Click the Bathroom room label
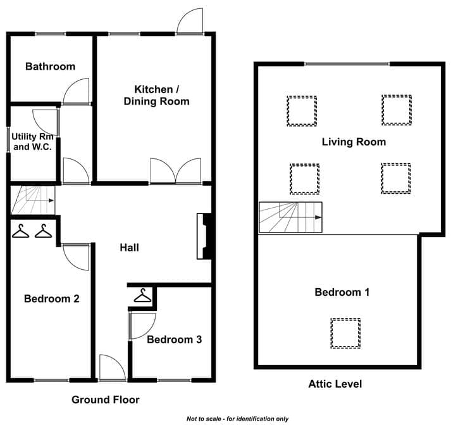[51, 67]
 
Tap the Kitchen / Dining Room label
[156, 95]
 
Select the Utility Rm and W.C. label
[32, 142]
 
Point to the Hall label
[130, 248]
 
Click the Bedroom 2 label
[52, 298]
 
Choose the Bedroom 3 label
[175, 339]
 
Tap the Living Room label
[354, 142]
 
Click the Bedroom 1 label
[342, 292]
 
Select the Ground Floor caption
[106, 400]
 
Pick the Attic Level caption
[335, 384]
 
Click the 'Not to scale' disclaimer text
[237, 419]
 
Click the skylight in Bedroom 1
[345, 333]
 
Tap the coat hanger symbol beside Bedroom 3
[143, 295]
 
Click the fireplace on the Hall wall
[204, 236]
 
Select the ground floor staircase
[33, 200]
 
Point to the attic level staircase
[290, 217]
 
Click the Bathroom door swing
[76, 91]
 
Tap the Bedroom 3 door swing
[143, 326]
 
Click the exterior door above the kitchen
[190, 22]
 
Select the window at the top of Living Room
[347, 64]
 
